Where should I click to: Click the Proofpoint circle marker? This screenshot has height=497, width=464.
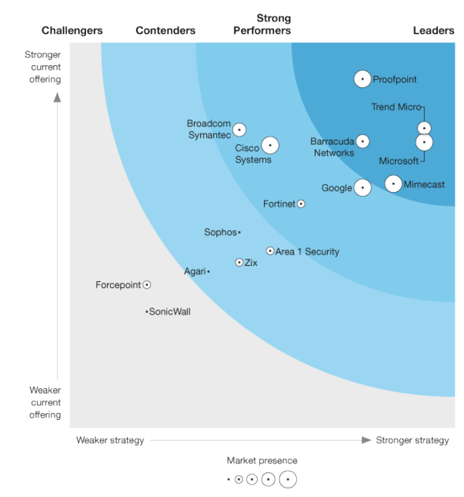coord(363,79)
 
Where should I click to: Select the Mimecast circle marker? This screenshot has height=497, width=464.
coord(393,184)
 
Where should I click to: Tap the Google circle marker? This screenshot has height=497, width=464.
coord(363,188)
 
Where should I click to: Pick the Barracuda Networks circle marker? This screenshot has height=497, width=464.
coord(363,141)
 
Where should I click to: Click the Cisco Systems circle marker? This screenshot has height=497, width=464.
coord(270,145)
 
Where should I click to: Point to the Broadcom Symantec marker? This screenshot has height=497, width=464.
coord(239,130)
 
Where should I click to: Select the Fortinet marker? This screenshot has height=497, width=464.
coord(301,204)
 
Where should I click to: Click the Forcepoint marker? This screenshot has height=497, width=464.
coord(147,285)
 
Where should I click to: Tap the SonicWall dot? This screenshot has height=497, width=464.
coord(146,312)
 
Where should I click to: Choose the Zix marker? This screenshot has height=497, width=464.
coord(239,263)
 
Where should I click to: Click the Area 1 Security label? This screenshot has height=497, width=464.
coord(307,252)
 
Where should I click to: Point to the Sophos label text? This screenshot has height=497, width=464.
coord(220,232)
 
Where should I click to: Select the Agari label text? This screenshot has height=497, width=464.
coord(195,271)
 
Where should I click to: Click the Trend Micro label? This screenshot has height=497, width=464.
coord(396,107)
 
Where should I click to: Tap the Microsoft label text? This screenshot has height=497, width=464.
coord(398,161)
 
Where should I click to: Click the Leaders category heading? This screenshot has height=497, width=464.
coord(433,30)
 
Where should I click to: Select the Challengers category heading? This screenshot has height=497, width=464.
coord(72,30)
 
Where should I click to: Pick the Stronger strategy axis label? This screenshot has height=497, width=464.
coord(412,440)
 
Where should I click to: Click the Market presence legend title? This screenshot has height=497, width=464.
coord(262,461)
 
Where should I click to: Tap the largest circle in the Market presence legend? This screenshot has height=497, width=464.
coord(288,480)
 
